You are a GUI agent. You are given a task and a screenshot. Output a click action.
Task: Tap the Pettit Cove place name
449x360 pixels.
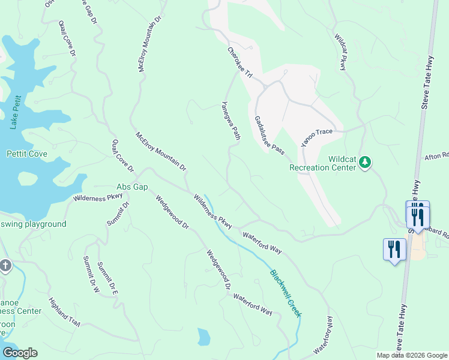click(x=26, y=154)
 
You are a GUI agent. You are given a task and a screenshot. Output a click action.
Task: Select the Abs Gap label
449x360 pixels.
click(x=132, y=187)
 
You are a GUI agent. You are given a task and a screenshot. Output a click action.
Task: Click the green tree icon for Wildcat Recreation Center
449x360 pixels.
click(x=364, y=162)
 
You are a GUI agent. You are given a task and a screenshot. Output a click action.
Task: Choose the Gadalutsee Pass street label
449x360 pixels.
click(x=268, y=136)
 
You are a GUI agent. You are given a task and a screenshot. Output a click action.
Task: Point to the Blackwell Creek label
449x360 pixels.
click(x=286, y=293)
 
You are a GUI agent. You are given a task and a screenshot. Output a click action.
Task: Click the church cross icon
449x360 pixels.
click(x=5, y=266)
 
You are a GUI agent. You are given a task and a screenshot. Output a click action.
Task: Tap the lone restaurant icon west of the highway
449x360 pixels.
click(x=393, y=249)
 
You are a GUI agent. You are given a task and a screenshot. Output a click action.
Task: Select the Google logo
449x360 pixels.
click(x=20, y=353)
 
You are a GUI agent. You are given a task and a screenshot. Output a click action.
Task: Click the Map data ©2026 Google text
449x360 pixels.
click(x=412, y=355)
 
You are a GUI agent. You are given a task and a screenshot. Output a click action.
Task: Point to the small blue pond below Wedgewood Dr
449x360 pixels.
click(x=204, y=337)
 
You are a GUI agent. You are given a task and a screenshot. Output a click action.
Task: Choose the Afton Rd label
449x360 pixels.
click(x=436, y=157)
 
